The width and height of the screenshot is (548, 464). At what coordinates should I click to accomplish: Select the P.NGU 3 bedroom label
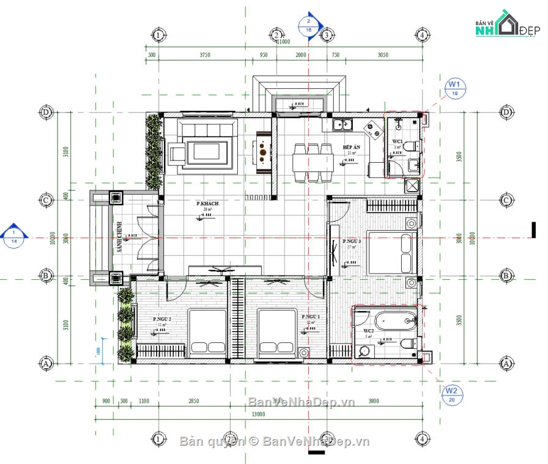click(x=352, y=241)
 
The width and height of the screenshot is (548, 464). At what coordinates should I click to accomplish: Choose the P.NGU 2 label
click(x=161, y=319)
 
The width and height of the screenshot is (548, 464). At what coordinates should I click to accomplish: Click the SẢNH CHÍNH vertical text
click(x=120, y=236)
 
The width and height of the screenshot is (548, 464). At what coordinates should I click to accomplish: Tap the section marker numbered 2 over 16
click(x=308, y=24)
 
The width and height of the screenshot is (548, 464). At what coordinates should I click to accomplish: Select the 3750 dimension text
click(x=205, y=55)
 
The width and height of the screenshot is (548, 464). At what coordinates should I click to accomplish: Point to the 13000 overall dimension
click(x=258, y=414)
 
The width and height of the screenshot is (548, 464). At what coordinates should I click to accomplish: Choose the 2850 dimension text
click(x=193, y=402)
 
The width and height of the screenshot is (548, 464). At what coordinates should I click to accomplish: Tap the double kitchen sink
click(x=341, y=125)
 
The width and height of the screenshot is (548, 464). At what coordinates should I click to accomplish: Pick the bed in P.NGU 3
click(x=392, y=252)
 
